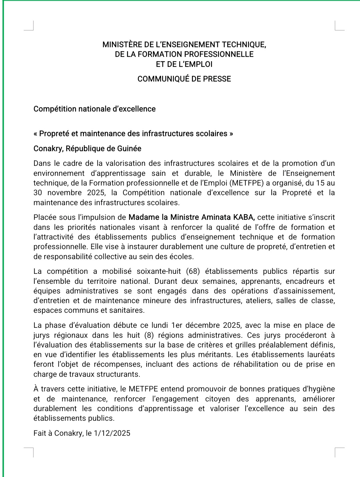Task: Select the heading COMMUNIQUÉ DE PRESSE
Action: coord(184,79)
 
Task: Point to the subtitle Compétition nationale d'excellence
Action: coord(94,109)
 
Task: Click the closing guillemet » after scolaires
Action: coord(231,134)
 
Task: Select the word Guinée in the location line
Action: coord(130,149)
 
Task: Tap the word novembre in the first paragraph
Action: coord(64,193)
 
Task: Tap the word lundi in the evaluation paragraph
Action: coord(160,325)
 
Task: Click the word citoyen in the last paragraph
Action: coord(217,399)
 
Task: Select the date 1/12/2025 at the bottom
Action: coord(112,433)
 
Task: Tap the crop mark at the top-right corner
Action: coord(339,26)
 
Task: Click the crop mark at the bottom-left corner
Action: coord(29,452)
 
